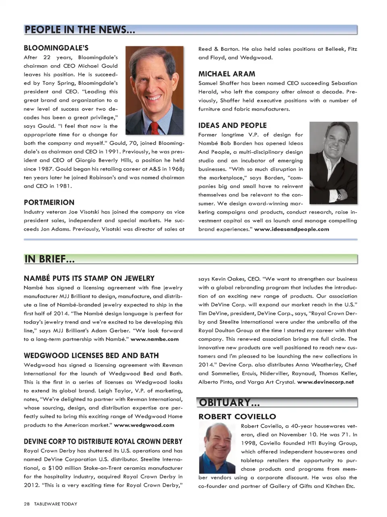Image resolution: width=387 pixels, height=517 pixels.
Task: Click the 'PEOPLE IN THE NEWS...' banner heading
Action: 79,30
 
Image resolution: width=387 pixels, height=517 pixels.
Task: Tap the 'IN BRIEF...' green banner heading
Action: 50,259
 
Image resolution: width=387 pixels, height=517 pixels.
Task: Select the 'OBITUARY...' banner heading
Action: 229,402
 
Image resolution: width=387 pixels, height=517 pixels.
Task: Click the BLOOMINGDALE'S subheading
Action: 56,48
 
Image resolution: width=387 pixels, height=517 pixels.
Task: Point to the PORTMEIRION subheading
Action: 49,202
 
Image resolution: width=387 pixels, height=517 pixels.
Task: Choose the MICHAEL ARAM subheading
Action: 227,74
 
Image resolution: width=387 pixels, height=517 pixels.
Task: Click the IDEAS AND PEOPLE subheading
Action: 232,125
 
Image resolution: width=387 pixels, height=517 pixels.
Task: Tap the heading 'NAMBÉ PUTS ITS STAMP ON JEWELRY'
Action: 89,278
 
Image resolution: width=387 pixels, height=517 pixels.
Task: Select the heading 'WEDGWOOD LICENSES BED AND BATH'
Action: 91,356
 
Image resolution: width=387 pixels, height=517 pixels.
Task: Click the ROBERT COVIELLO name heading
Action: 237,417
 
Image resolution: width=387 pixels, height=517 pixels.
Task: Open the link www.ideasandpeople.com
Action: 291,229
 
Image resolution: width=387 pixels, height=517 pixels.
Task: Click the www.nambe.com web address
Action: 154,339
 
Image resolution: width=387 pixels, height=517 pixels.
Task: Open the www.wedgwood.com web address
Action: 144,425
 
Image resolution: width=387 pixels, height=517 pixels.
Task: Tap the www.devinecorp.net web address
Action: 325,382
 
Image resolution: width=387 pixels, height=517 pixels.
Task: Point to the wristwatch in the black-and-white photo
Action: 339,196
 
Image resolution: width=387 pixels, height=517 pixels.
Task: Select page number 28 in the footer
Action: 27,504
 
